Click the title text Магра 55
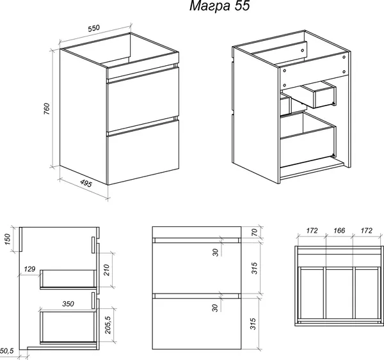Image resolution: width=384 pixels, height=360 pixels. click(220, 6)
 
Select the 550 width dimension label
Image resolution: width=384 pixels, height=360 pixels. click(94, 28)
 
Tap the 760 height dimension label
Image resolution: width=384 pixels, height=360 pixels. click(47, 109)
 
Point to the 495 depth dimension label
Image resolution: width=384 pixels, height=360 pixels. click(86, 183)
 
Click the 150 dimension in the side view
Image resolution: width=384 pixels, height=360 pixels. click(7, 239)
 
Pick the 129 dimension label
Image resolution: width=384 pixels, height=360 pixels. click(29, 269)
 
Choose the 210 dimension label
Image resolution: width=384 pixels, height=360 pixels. click(106, 270)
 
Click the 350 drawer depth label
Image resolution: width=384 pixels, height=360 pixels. click(68, 304)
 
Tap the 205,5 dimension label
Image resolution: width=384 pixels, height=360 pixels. click(108, 325)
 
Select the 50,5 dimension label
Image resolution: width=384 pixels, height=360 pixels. click(7, 351)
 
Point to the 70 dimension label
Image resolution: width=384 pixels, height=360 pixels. click(254, 231)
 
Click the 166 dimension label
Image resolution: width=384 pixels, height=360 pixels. click(339, 230)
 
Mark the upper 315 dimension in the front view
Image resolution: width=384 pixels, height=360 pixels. click(254, 268)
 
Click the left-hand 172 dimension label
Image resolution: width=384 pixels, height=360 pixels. click(312, 230)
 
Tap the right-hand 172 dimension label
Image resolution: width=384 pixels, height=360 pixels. click(366, 230)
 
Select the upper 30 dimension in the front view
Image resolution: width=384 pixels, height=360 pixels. click(215, 253)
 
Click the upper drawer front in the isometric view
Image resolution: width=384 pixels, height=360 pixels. click(143, 100)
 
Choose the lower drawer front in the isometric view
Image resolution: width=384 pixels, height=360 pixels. click(143, 152)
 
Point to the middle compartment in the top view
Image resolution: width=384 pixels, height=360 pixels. click(339, 293)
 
